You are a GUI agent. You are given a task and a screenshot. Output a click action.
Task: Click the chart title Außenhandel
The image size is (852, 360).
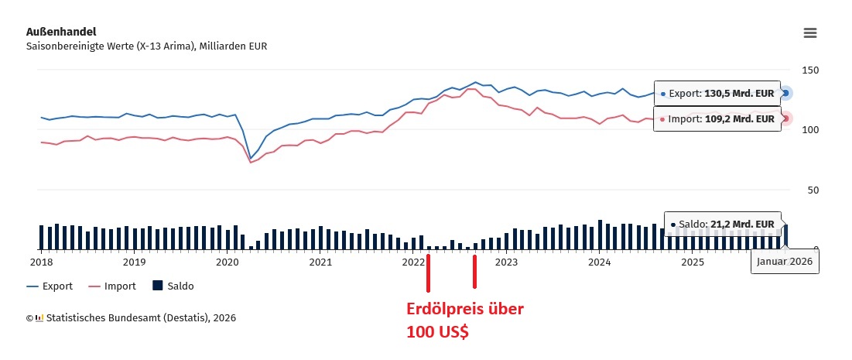click(61, 32)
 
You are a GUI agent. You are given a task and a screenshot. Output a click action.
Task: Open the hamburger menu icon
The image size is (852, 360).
click(810, 33)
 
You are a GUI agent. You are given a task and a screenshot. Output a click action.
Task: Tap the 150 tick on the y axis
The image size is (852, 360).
click(812, 70)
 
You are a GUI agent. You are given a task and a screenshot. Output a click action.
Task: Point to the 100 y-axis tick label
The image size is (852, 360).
click(812, 129)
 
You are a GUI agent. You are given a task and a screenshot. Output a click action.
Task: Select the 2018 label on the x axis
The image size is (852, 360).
click(41, 262)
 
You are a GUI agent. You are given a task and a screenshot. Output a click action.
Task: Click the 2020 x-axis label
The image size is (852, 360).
click(228, 262)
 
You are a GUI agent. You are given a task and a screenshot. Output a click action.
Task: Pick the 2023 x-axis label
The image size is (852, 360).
click(506, 262)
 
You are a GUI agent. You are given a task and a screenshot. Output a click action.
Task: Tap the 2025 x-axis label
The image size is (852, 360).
click(692, 262)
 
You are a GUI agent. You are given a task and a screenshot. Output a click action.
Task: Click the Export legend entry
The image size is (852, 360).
click(50, 286)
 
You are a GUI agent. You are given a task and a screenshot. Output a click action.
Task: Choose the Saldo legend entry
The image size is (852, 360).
click(173, 286)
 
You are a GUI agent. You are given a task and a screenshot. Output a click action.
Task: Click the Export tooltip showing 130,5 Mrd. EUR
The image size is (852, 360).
click(717, 94)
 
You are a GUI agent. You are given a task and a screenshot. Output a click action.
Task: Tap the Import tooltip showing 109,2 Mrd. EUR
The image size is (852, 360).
click(717, 119)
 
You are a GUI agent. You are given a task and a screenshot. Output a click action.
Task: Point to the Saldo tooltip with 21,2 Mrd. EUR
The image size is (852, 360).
click(722, 224)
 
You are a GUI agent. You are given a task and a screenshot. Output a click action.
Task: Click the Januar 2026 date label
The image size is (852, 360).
click(785, 262)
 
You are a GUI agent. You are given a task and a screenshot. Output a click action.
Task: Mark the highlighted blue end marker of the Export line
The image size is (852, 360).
click(786, 93)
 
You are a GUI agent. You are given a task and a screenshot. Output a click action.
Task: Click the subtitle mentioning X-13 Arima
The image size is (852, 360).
click(147, 46)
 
